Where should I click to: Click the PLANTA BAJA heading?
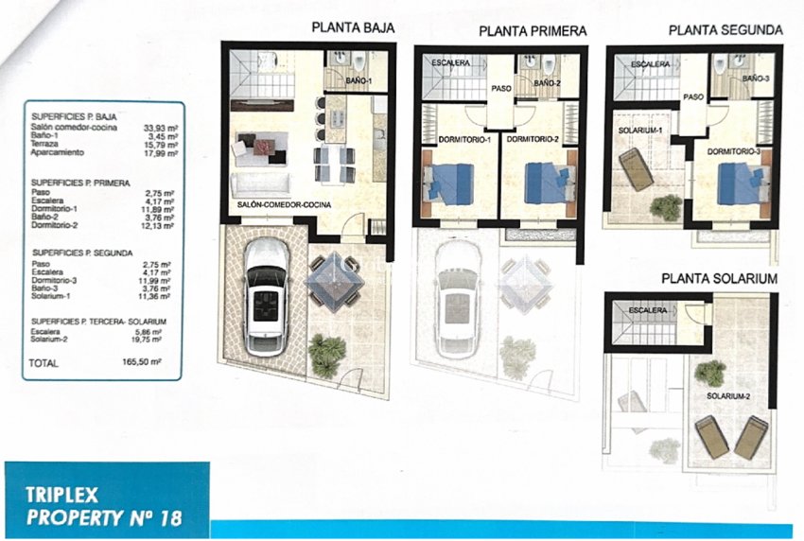coord(354,27)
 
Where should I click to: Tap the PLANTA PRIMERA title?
coord(533,31)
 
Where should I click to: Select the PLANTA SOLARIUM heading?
coord(720,278)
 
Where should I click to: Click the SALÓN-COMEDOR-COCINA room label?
coord(284,204)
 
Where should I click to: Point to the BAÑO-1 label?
coord(358,81)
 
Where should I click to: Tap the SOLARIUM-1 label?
coord(640,131)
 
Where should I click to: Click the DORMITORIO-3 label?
coord(733,151)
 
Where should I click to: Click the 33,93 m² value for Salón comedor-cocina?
coord(161,129)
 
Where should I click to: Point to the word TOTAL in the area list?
coord(44,363)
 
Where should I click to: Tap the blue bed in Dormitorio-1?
coord(446,184)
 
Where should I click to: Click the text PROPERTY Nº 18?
coord(104,518)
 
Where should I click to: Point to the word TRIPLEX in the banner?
coord(61,495)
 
